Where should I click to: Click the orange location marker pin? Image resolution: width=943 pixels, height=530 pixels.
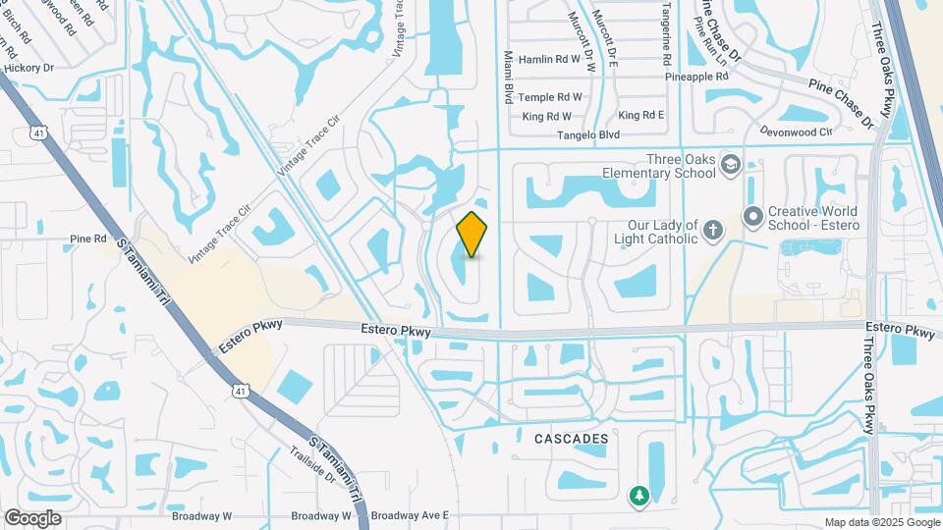(x=471, y=234)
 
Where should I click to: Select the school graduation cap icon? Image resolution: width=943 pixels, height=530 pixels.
(x=730, y=163)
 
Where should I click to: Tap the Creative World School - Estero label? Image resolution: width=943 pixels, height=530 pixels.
(x=812, y=218)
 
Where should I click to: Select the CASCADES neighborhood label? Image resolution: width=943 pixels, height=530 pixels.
(x=572, y=439)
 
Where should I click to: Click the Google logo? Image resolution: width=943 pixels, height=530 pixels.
(x=32, y=517)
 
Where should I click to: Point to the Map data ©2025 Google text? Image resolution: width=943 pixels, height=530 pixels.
(x=880, y=522)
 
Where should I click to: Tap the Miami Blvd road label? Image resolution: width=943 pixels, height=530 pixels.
(x=509, y=78)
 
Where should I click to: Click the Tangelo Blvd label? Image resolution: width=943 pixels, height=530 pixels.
(x=588, y=134)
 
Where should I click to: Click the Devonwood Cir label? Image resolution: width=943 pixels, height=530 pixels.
(x=796, y=130)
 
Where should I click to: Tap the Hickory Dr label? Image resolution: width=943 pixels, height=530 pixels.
(x=28, y=69)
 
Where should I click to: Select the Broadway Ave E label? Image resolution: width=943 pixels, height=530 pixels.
(x=410, y=514)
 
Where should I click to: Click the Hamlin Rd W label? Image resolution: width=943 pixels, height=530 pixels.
(x=550, y=59)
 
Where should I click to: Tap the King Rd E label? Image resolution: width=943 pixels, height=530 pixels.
(x=641, y=115)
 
